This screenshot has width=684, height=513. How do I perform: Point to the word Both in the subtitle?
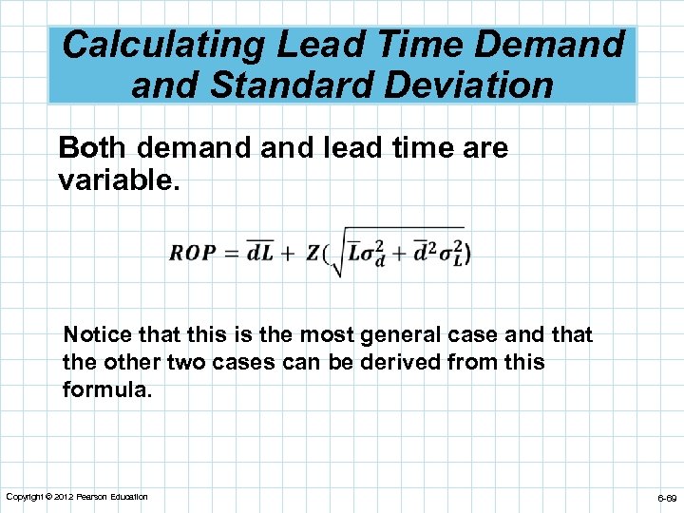(92, 148)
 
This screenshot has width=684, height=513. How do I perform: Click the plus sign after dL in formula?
(287, 254)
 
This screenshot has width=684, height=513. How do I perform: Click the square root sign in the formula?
(339, 256)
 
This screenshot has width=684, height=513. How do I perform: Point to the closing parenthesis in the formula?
(467, 254)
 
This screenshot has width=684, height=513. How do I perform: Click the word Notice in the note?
(94, 334)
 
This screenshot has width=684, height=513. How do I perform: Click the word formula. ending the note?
(107, 389)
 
